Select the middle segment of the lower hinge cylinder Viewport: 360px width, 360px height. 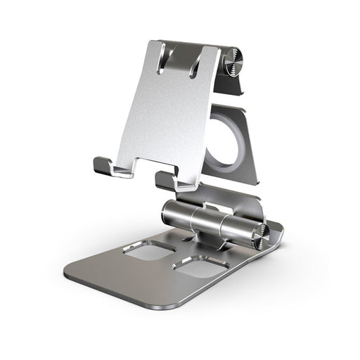[x=211, y=222]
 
